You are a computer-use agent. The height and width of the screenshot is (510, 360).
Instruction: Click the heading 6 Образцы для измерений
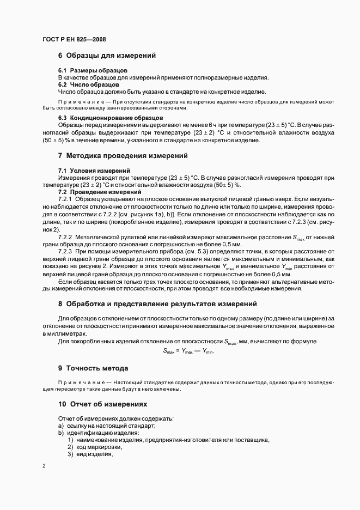[107, 56]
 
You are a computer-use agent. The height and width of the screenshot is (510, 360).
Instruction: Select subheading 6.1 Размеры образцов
[93, 71]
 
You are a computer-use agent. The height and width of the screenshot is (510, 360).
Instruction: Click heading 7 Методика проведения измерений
[123, 156]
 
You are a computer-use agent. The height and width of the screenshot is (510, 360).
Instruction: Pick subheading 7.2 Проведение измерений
[97, 192]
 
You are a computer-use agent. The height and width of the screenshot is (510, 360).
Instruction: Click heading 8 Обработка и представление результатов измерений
[157, 303]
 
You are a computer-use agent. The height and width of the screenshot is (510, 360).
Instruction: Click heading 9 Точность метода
[93, 368]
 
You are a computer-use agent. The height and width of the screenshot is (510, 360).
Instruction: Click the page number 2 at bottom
[44, 466]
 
